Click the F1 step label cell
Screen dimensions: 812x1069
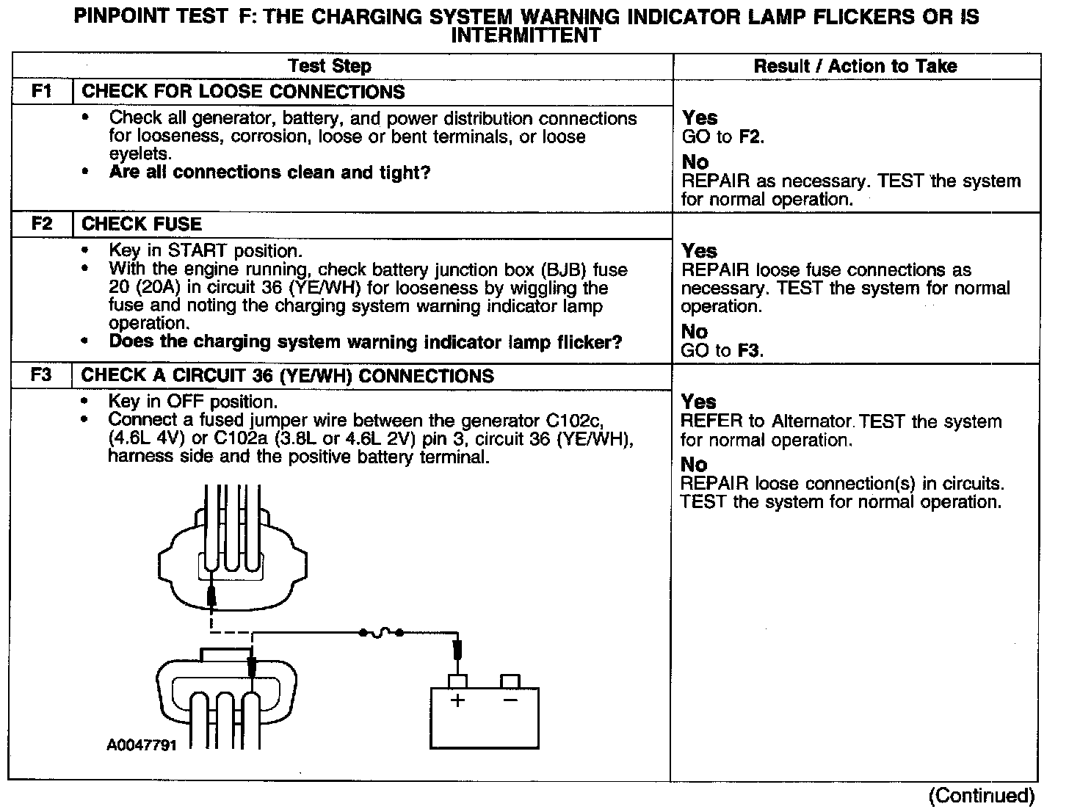tap(42, 92)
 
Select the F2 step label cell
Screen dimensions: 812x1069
tap(42, 224)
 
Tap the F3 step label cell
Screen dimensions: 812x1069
tap(42, 375)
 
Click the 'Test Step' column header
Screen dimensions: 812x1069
tap(330, 66)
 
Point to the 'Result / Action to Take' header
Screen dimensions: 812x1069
tap(855, 66)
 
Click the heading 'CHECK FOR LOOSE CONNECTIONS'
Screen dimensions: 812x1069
tap(243, 92)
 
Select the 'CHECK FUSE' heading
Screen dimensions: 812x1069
tap(142, 224)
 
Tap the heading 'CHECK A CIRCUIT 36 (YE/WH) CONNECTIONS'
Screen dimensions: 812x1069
tap(288, 376)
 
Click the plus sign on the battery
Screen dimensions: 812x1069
tap(457, 700)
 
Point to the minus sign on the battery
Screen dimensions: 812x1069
tap(510, 700)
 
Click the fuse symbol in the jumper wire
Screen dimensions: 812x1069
tap(380, 632)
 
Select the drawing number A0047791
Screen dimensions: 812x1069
tap(142, 745)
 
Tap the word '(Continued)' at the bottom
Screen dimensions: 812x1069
tap(981, 795)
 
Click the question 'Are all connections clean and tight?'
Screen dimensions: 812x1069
tap(269, 173)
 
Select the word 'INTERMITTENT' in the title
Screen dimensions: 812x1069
tap(526, 35)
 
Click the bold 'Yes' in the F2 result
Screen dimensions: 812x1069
tap(700, 251)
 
